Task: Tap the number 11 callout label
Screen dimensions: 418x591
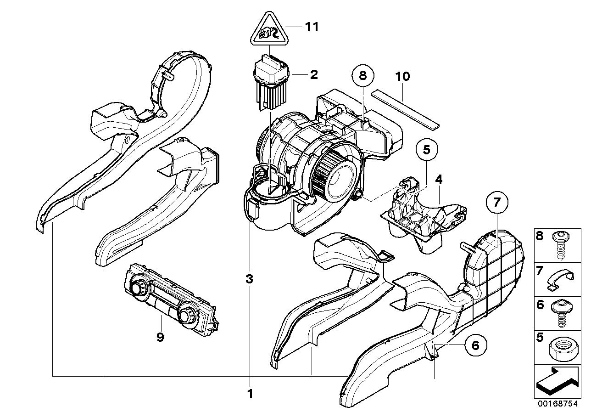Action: coord(312,27)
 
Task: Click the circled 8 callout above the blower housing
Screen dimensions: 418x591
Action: coord(363,76)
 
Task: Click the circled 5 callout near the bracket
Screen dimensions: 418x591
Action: coord(427,149)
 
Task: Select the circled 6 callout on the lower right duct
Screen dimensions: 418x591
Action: coord(475,345)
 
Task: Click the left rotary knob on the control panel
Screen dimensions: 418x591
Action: coord(137,289)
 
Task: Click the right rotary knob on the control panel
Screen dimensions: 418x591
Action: coord(186,316)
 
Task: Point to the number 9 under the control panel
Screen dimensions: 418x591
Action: coord(160,337)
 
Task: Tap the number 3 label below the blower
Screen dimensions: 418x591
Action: coord(249,279)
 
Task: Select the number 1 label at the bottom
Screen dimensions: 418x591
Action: coord(250,394)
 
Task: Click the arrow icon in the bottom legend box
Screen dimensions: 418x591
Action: coord(556,382)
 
